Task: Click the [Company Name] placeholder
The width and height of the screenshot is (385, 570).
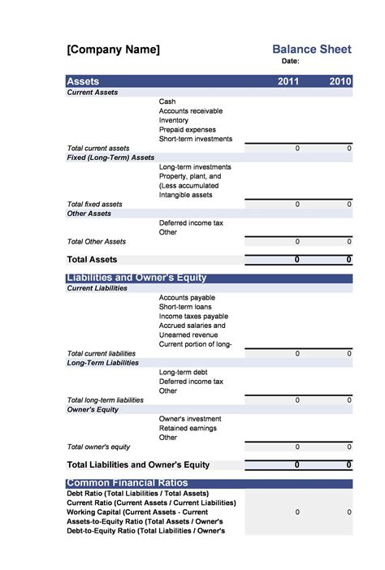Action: (x=113, y=50)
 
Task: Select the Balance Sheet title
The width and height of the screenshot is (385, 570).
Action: (x=312, y=50)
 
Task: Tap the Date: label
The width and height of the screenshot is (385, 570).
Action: (x=291, y=61)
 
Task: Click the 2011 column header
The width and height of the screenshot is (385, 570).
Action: (x=288, y=81)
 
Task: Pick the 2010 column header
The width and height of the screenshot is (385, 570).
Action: (x=340, y=81)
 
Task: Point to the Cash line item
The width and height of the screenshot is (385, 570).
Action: (x=168, y=101)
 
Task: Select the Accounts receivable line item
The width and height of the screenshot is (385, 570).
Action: (x=191, y=111)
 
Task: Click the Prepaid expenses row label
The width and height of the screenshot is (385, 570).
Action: (x=188, y=130)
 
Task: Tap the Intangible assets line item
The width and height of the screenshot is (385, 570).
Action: (x=186, y=195)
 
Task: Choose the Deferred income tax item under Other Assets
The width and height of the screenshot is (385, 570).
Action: (x=191, y=222)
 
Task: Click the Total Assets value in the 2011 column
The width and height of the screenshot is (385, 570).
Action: (x=297, y=260)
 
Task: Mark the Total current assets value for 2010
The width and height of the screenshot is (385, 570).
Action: (x=349, y=149)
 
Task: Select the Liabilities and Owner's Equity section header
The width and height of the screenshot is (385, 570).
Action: (x=136, y=279)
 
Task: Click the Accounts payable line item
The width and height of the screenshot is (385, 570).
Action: (x=187, y=298)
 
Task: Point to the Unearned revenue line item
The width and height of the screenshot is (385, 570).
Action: (x=188, y=335)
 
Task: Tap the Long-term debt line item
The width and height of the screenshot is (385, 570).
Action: (x=184, y=372)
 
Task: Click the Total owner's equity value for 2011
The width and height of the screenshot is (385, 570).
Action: (x=297, y=447)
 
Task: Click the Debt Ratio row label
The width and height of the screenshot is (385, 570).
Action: (x=137, y=494)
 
